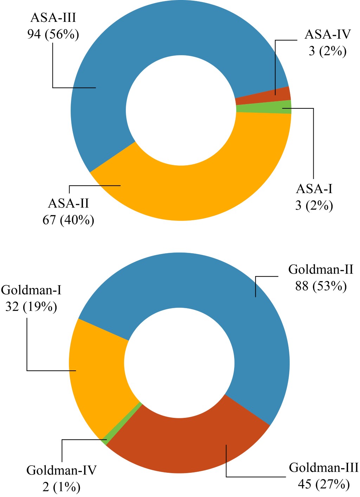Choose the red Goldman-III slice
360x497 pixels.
[x=197, y=440]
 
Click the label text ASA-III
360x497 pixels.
[x=53, y=18]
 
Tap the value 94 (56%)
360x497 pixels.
[x=53, y=34]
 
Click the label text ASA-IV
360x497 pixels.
[x=327, y=34]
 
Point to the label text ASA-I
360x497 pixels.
[x=314, y=189]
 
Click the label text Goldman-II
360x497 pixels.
[x=321, y=269]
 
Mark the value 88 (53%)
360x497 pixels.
[x=321, y=286]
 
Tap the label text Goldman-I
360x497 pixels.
[x=31, y=290]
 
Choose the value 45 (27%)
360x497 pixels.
[x=323, y=484]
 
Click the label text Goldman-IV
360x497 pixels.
[x=61, y=470]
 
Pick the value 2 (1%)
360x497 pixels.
[x=61, y=487]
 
